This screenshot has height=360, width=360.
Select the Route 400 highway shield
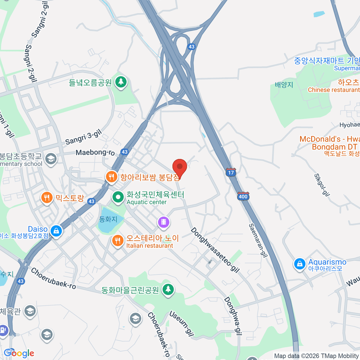[243, 196]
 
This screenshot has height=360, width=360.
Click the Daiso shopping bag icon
[56, 231]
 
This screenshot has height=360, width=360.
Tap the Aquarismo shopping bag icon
[299, 264]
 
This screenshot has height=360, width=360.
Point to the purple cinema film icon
[163, 222]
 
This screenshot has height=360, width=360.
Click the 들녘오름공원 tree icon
[121, 81]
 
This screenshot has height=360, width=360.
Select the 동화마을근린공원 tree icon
[168, 289]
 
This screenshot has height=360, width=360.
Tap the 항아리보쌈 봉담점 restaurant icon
[112, 177]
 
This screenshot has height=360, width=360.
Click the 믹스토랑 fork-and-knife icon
[46, 198]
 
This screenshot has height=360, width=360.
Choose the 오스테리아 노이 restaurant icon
[118, 241]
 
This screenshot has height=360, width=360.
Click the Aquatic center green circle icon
[118, 197]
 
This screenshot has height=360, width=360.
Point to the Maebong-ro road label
[95, 153]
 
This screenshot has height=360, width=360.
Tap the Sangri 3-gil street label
[84, 137]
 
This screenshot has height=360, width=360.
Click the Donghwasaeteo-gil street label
[215, 250]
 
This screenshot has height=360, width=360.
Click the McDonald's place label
[329, 143]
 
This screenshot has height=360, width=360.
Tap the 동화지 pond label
[108, 219]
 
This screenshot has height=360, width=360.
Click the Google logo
[19, 353]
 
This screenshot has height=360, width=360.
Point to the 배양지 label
[284, 85]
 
